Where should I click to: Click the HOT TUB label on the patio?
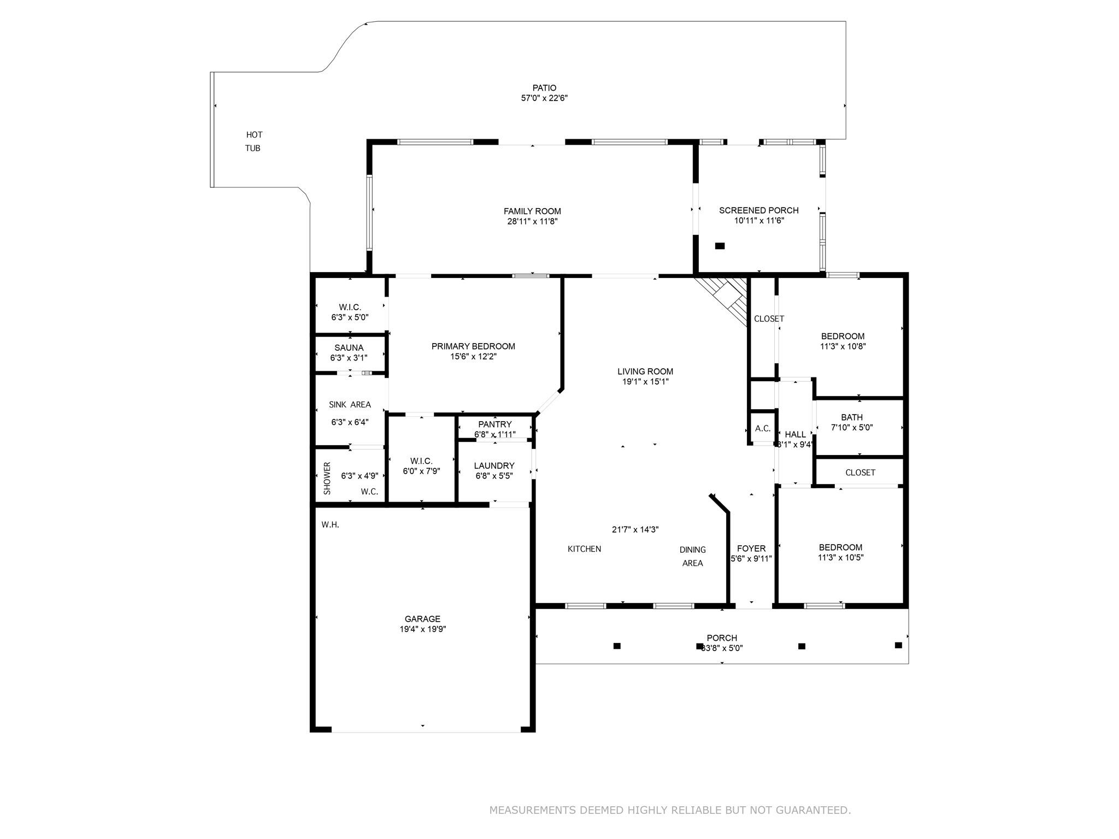(x=254, y=141)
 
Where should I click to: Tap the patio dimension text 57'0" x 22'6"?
(x=544, y=98)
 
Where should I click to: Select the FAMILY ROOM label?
(x=532, y=211)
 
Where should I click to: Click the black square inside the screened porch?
(x=720, y=246)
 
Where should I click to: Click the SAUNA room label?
(x=349, y=348)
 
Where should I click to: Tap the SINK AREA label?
(x=350, y=405)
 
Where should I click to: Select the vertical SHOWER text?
(x=327, y=478)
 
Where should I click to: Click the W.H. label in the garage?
(x=330, y=525)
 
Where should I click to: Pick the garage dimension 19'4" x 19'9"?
(x=422, y=629)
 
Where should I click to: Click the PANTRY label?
(x=494, y=424)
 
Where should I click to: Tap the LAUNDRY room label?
(x=494, y=466)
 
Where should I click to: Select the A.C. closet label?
(x=763, y=429)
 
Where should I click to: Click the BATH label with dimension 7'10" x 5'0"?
(x=852, y=418)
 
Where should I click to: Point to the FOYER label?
(x=751, y=549)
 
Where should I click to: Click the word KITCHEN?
(x=584, y=549)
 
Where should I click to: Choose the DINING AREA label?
(x=692, y=556)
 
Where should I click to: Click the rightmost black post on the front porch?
(x=898, y=645)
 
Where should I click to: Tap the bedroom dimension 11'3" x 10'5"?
(x=840, y=558)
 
